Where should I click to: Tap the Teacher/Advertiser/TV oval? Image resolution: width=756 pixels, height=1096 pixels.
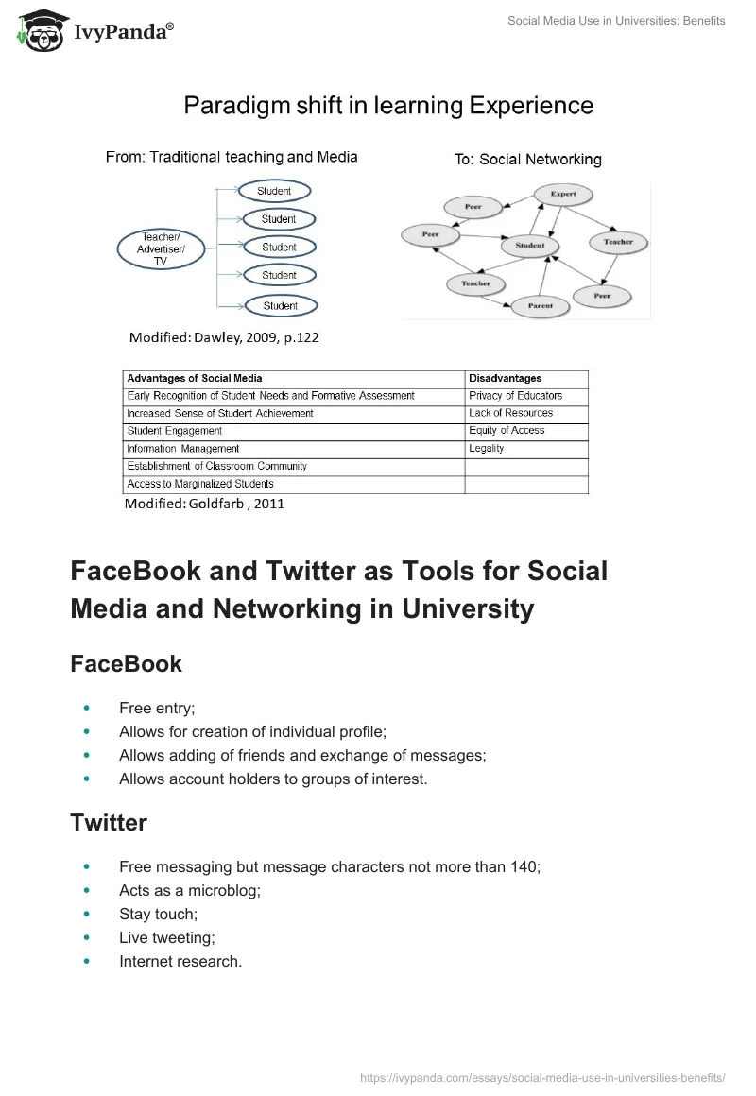[161, 248]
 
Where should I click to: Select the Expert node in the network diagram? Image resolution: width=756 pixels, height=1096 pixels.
[563, 194]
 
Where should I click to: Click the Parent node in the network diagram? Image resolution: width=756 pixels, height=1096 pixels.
[541, 306]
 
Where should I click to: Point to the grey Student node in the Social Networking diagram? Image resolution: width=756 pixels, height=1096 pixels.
[530, 246]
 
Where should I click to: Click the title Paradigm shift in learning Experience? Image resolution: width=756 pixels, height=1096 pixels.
[388, 105]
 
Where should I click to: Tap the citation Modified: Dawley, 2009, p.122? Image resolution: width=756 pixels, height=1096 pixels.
[224, 336]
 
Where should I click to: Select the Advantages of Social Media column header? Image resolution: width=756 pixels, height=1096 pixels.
[195, 378]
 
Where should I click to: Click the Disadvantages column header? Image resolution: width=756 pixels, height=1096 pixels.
[505, 378]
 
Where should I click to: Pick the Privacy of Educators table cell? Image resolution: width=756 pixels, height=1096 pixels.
[515, 396]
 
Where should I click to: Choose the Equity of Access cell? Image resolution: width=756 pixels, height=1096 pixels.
[507, 431]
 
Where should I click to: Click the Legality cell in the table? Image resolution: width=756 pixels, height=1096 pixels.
[487, 449]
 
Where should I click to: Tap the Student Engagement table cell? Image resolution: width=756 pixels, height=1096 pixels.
[175, 431]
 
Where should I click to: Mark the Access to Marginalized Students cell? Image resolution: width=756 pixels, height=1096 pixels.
[200, 484]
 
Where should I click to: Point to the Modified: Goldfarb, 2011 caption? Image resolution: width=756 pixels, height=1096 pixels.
[205, 504]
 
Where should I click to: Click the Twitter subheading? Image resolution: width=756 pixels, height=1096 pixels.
[109, 823]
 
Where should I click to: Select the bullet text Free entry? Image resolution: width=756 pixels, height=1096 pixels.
[157, 708]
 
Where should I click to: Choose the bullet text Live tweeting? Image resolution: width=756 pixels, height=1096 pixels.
[167, 937]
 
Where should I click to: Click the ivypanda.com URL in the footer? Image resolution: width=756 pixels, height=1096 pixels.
[543, 1076]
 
